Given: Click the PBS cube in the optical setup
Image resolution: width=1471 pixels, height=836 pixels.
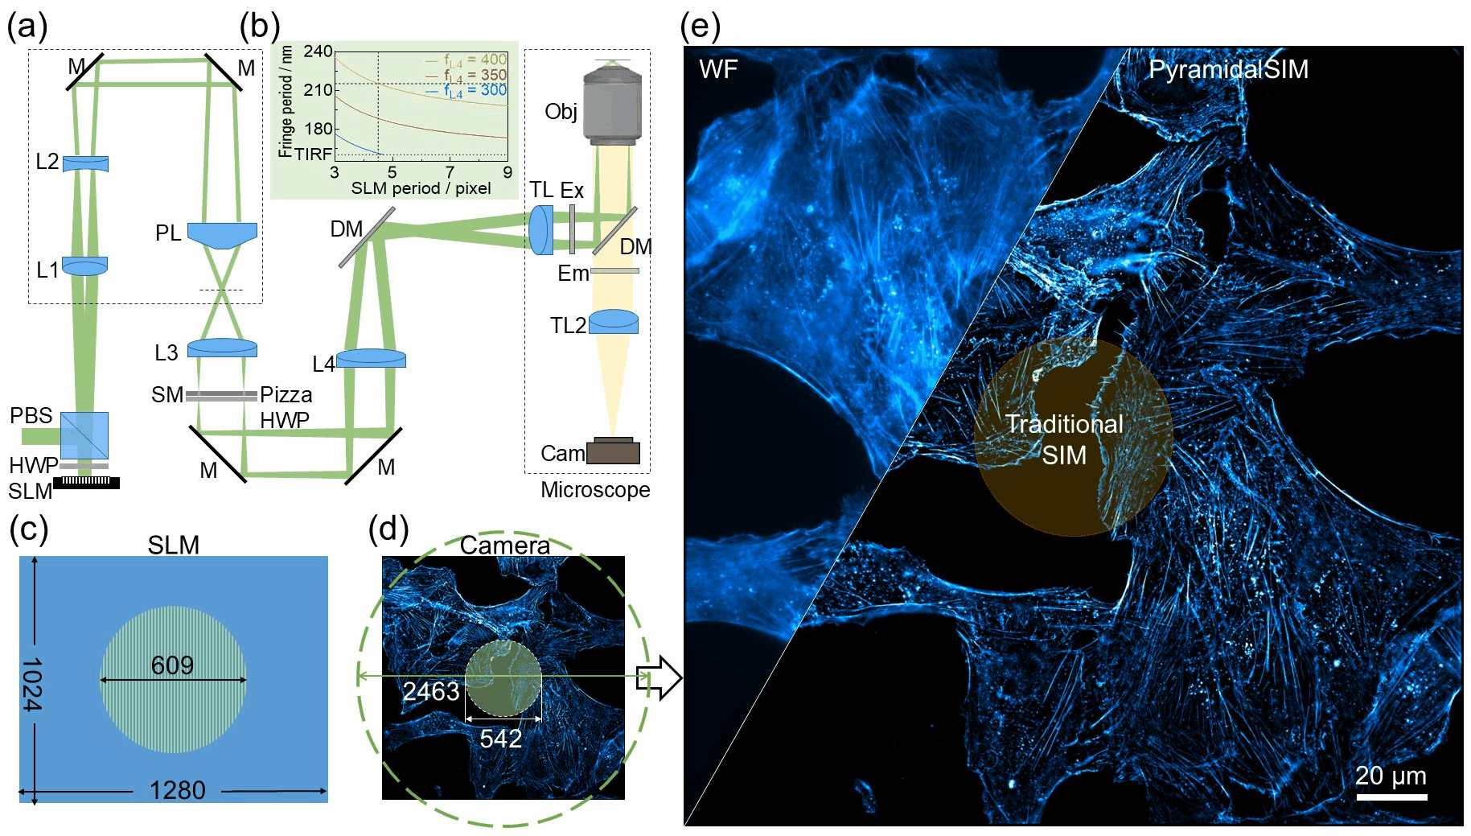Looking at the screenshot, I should [84, 435].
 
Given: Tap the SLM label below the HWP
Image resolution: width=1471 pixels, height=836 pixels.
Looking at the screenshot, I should [30, 491].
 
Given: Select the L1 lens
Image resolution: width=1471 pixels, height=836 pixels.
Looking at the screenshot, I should [84, 266].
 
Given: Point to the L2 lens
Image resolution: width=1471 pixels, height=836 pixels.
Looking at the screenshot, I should [85, 163].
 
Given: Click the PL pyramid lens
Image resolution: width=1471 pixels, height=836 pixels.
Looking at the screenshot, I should [222, 234].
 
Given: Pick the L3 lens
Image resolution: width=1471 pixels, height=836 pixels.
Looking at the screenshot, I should [222, 348].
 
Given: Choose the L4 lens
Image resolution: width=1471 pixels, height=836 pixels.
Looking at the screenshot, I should [371, 358].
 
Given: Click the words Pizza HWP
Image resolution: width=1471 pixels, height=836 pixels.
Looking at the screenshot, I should [286, 407].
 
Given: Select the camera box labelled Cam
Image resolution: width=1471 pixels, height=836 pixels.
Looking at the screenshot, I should [613, 451].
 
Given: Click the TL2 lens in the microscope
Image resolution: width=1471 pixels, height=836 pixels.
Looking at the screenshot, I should [614, 322].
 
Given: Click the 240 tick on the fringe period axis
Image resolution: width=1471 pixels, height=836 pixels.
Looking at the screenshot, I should [318, 51].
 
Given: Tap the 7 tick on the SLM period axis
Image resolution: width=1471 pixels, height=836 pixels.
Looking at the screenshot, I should [450, 171].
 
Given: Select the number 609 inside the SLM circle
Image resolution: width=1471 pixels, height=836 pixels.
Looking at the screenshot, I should [173, 665].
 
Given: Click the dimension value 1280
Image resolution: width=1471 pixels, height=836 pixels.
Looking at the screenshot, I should [178, 790].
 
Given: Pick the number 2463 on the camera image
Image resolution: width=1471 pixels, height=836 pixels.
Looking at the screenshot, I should [431, 691].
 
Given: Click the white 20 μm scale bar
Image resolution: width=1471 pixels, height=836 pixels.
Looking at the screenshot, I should [1391, 797].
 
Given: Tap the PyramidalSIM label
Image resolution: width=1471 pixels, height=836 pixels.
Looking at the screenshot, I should [1228, 69].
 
